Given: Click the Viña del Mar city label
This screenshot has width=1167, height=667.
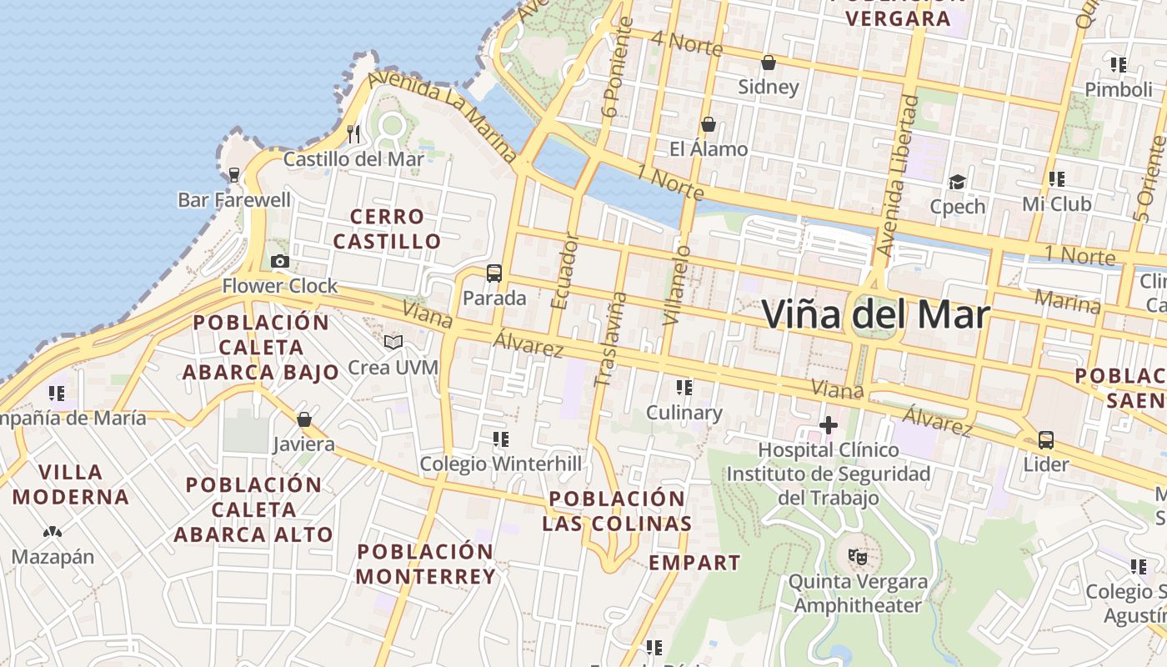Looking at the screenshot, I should (875, 315).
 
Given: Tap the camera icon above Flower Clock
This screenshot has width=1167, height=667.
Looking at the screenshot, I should (280, 262).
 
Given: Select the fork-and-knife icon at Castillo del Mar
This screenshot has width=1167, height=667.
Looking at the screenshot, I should (353, 133).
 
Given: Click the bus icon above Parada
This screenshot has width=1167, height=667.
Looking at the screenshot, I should (494, 273).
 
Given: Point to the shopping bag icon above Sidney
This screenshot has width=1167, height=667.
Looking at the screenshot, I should (769, 63).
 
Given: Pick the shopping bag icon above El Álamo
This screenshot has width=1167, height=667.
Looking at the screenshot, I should (709, 124).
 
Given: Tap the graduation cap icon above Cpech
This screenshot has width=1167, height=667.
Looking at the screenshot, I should (957, 182).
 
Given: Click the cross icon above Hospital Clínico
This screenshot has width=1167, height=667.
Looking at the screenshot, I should (828, 426).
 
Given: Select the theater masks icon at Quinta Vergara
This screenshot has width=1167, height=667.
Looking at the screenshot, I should (857, 555).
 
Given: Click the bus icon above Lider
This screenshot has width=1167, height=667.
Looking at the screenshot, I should (1046, 439).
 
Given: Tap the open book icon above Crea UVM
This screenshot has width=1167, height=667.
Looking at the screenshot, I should (393, 342).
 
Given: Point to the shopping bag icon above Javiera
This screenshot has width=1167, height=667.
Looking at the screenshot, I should (304, 419).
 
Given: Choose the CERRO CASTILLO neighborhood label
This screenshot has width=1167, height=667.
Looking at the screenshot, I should (387, 229).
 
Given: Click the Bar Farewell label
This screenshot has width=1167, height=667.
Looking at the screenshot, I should (234, 200).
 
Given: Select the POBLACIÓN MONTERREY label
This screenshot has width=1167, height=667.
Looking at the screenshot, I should (426, 564).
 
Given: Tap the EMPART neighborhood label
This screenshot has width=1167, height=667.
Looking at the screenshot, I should (694, 563).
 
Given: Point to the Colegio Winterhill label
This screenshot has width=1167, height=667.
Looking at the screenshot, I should (500, 464).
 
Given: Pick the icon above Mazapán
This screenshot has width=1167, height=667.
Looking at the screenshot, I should (53, 532).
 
